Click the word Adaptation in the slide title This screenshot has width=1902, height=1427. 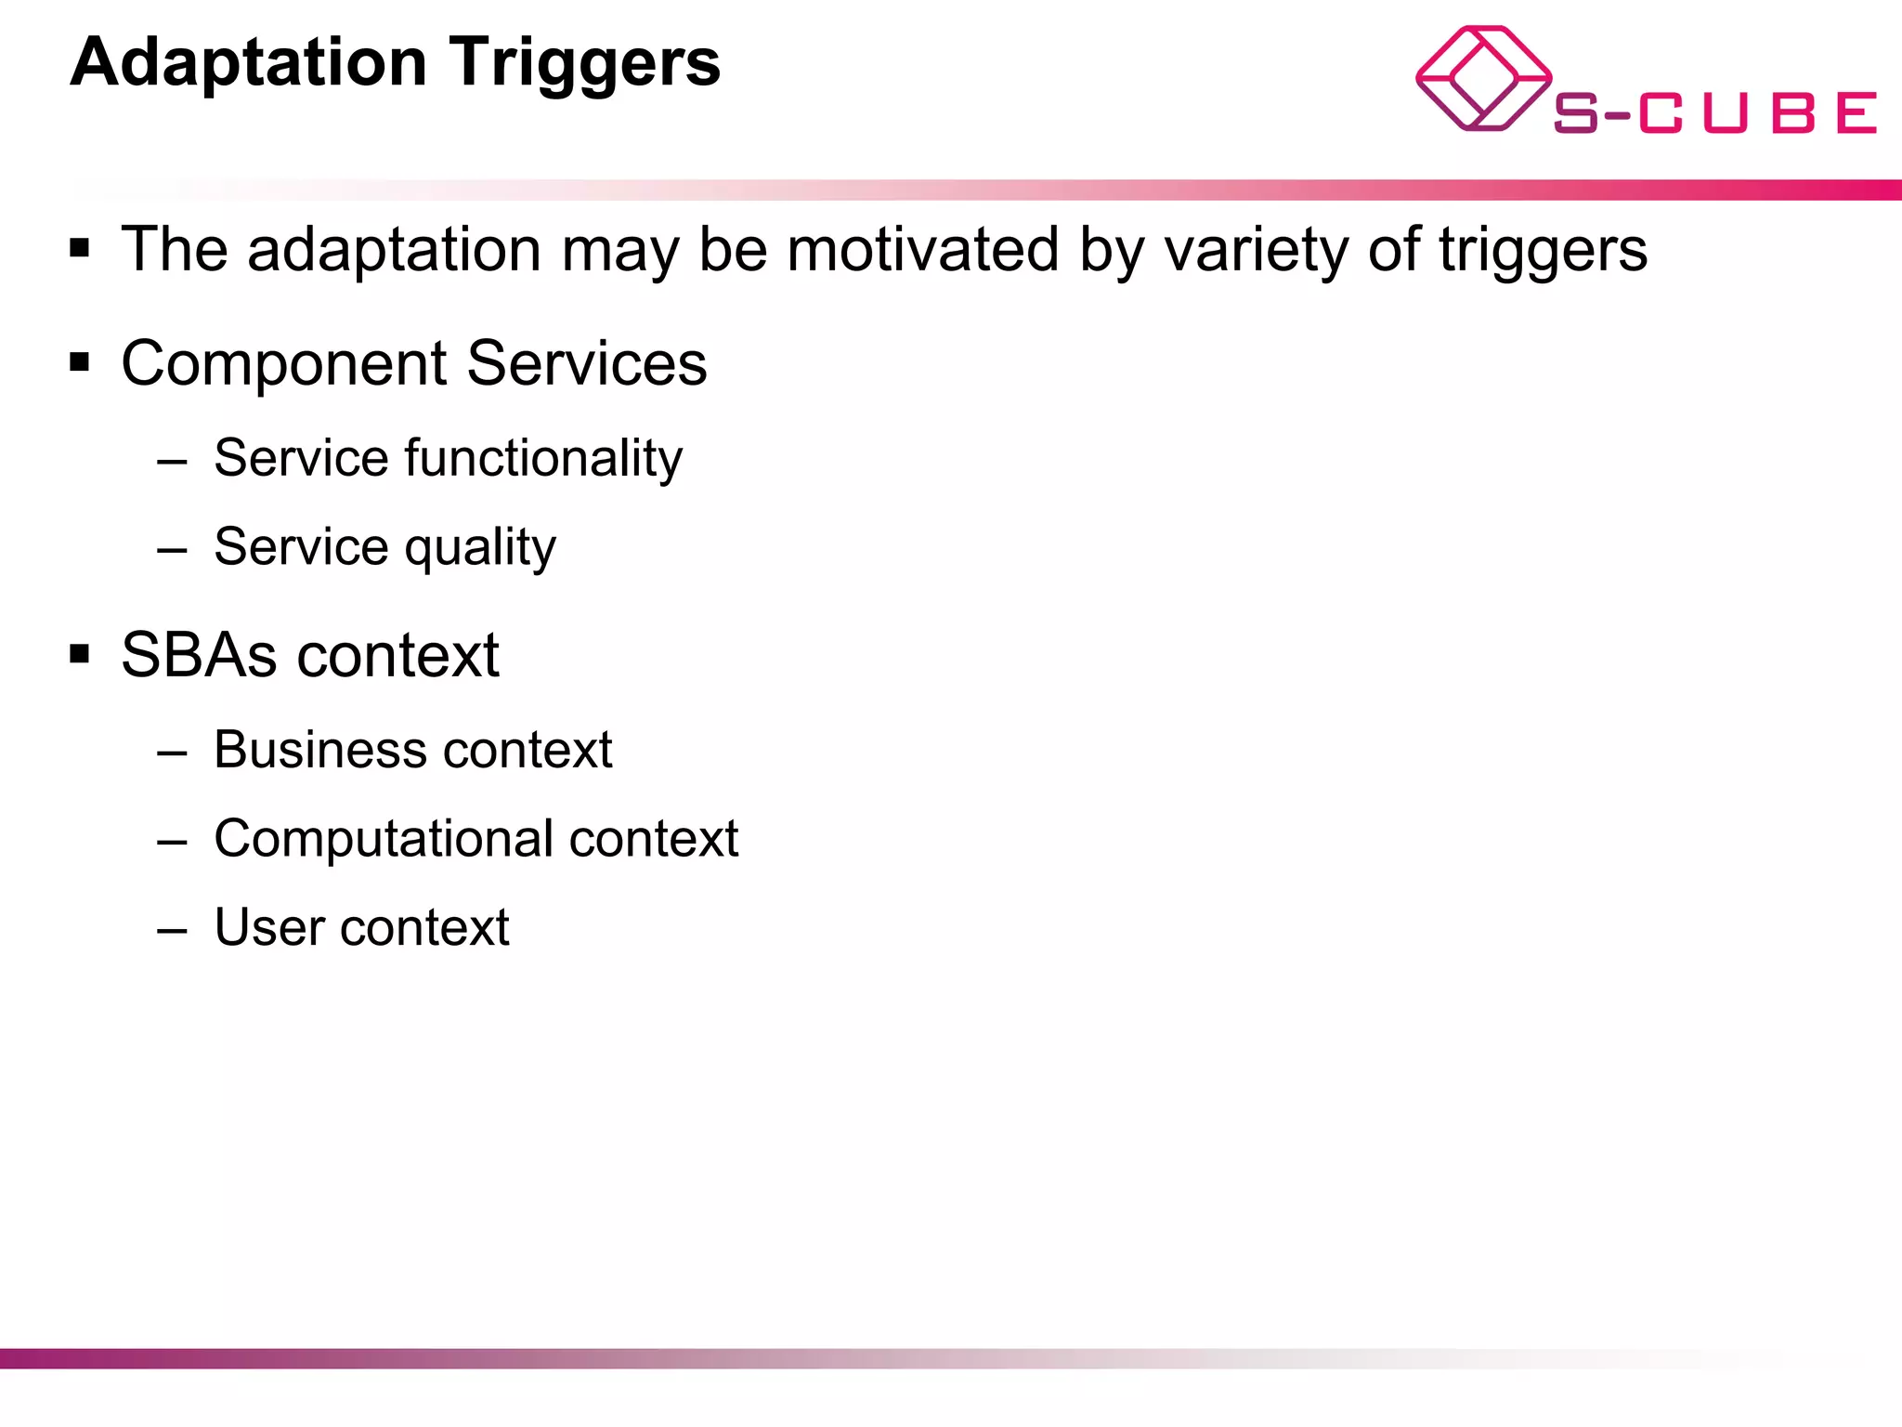[249, 63]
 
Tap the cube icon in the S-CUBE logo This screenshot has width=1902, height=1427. [1482, 78]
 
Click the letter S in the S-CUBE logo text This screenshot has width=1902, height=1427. [1576, 113]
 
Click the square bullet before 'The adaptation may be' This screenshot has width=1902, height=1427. [80, 248]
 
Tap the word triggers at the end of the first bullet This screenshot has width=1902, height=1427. [1543, 251]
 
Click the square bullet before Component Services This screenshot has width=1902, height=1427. [80, 361]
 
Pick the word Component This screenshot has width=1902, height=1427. [284, 363]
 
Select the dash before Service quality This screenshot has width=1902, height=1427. [173, 550]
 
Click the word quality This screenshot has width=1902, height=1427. [480, 547]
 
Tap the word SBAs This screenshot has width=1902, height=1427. [199, 655]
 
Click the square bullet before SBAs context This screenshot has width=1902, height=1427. [80, 654]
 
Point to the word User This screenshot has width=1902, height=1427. [269, 927]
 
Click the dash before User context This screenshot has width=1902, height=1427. [173, 931]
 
